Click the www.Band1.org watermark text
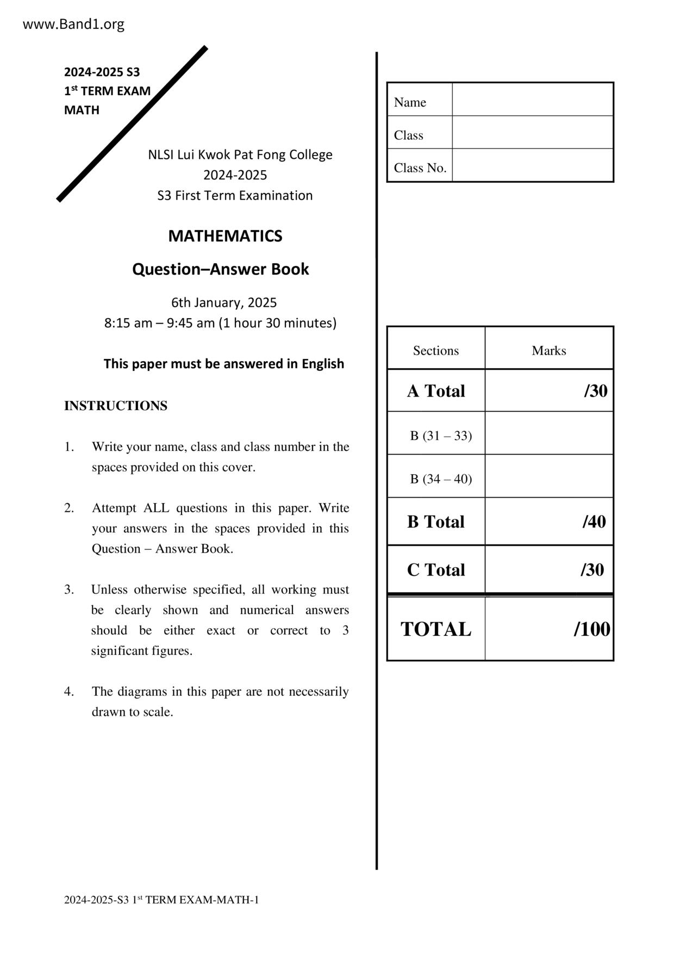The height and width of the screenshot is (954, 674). pos(73,24)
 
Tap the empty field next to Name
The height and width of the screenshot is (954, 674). pos(532,100)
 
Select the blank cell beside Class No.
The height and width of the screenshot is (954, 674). pos(532,165)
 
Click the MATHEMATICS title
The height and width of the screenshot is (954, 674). pos(225,236)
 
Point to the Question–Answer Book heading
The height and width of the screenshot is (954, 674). pos(220,269)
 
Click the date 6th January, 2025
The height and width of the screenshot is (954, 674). pos(224,302)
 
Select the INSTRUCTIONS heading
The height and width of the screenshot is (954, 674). pos(116,406)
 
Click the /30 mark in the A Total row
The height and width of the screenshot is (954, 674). pos(595,391)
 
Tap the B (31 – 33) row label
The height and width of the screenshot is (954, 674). pos(441,436)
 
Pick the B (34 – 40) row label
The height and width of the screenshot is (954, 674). pos(441,479)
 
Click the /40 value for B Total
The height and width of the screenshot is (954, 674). pos(594,522)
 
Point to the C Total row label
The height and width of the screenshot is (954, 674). pos(436,570)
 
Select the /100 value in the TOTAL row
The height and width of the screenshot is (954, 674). pos(591,629)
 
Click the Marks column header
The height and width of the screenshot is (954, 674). pos(548,351)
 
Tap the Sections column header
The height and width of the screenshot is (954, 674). pos(436,351)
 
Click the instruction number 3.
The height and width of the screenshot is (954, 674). pos(69,590)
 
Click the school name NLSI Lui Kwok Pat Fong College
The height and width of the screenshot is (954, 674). pos(240,154)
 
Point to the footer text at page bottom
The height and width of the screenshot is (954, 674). pos(161,900)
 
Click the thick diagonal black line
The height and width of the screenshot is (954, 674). pos(132,124)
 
